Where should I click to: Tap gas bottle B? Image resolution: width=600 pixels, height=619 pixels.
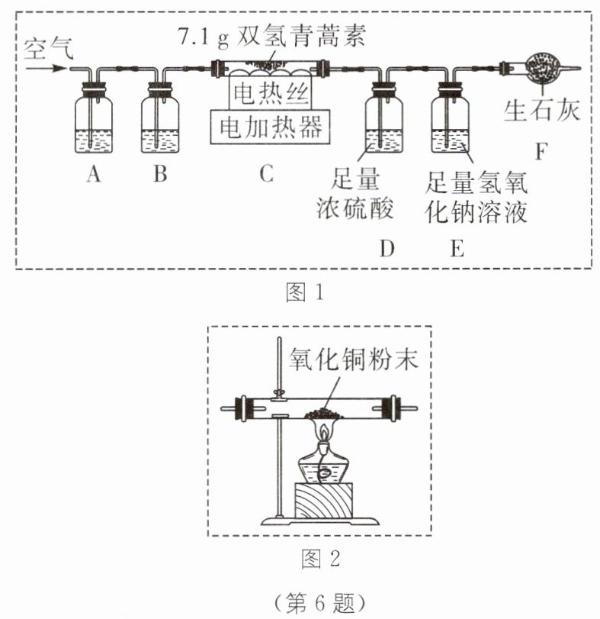(159, 122)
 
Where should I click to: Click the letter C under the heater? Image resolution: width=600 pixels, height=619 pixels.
(265, 175)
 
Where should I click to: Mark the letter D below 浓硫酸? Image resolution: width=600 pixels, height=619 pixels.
(387, 249)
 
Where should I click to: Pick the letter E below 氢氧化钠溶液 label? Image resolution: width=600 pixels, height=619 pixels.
(456, 249)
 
